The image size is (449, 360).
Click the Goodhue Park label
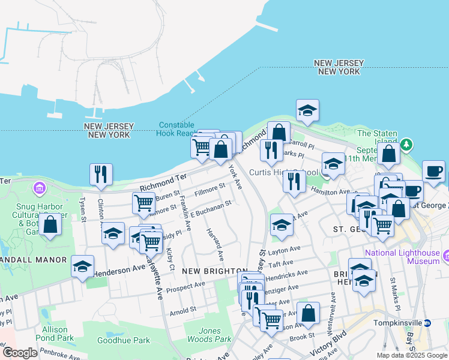[x=132, y=340]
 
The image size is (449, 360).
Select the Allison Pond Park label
[x=59, y=334]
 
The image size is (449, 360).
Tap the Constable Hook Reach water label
[x=177, y=129]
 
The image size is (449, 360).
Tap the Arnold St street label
[x=182, y=310]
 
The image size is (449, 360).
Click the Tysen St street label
[x=84, y=209]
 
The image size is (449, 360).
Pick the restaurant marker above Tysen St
[x=101, y=174]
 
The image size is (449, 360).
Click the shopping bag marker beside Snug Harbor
[x=51, y=225]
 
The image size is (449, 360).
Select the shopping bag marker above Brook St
[x=308, y=313]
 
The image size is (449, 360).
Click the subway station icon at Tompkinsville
[x=427, y=322]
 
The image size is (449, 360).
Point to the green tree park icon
[x=407, y=145]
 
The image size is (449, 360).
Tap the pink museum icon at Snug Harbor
[x=40, y=190]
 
